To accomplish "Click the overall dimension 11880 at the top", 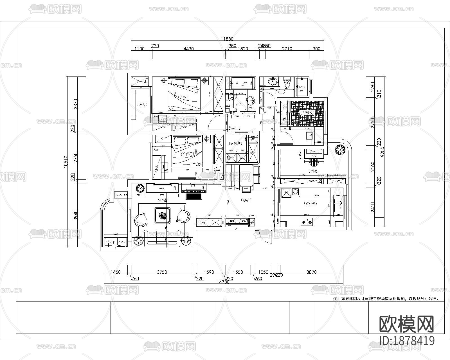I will (227, 39).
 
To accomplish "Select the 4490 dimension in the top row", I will (188, 49).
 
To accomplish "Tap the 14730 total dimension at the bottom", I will (224, 282).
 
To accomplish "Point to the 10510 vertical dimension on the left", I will (66, 162).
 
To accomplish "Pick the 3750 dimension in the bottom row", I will (162, 272).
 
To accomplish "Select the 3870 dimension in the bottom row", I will (311, 272).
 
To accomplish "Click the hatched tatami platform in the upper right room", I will (307, 113).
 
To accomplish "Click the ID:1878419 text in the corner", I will (407, 341).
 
